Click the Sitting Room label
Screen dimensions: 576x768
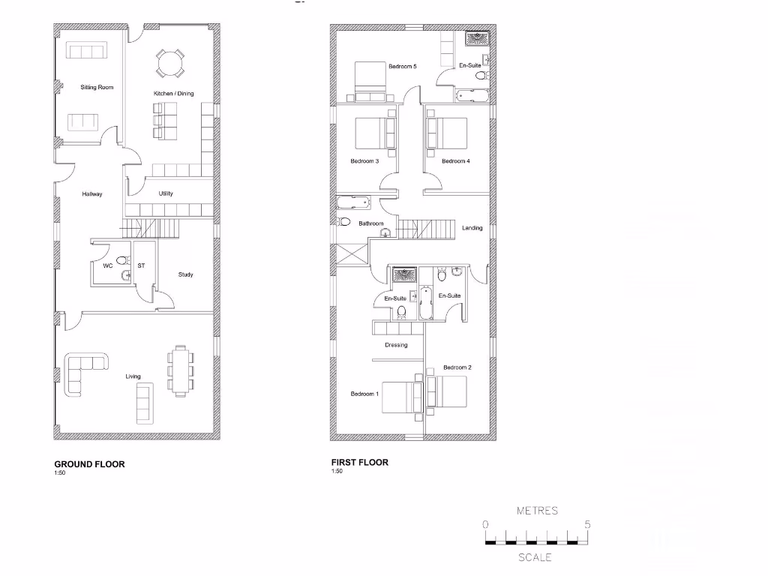coord(97,88)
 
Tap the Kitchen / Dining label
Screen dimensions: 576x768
coord(173,94)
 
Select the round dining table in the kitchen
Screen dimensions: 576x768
coord(169,63)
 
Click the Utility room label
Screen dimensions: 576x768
coord(166,193)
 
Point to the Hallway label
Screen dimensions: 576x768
coord(92,194)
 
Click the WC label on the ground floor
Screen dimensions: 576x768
coord(107,265)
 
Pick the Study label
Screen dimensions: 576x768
coord(185,274)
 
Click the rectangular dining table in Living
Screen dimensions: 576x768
coord(180,368)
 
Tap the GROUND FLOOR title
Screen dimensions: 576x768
coord(89,463)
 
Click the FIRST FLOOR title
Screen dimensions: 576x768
coord(360,463)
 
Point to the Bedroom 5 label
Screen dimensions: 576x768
coord(402,67)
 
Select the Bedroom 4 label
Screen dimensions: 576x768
coord(456,161)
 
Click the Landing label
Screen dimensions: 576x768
coord(472,228)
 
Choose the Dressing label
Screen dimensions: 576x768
coord(396,346)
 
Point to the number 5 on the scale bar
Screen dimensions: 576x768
coord(587,524)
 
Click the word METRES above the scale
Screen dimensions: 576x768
coord(537,511)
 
